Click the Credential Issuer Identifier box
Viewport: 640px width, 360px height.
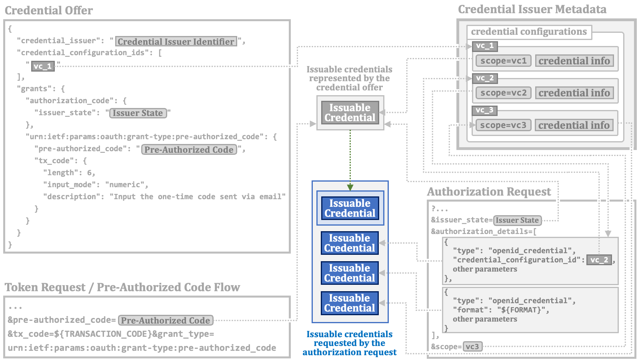click(x=176, y=42)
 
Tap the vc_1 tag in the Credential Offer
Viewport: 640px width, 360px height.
click(x=43, y=66)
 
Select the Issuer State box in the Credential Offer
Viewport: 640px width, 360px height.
click(x=138, y=113)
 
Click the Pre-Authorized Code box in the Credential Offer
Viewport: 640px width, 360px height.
click(x=189, y=150)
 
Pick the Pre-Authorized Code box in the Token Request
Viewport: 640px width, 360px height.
click(x=166, y=320)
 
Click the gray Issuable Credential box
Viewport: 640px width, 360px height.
click(x=350, y=112)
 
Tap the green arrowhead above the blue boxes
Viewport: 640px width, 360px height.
click(x=350, y=188)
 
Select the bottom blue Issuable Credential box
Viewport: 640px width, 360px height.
click(x=350, y=303)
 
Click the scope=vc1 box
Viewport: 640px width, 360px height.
click(x=504, y=61)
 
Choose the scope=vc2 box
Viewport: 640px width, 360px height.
click(x=504, y=93)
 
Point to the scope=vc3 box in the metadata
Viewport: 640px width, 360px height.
click(x=503, y=125)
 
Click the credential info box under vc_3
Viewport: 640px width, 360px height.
click(x=574, y=125)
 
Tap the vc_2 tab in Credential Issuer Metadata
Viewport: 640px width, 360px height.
click(x=485, y=78)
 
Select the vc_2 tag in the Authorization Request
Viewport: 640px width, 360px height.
click(x=599, y=260)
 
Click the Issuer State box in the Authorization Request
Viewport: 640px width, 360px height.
click(x=517, y=220)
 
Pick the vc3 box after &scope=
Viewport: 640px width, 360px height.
click(x=472, y=346)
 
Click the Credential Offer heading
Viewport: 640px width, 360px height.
click(x=49, y=10)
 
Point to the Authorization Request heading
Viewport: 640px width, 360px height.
click(x=489, y=192)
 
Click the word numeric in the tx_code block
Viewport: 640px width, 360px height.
click(x=124, y=184)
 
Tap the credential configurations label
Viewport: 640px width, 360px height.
click(x=529, y=32)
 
